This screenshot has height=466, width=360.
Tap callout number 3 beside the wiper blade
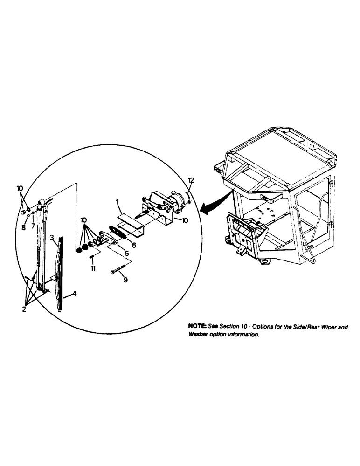coord(52,237)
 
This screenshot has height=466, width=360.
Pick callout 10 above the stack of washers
coord(83,219)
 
